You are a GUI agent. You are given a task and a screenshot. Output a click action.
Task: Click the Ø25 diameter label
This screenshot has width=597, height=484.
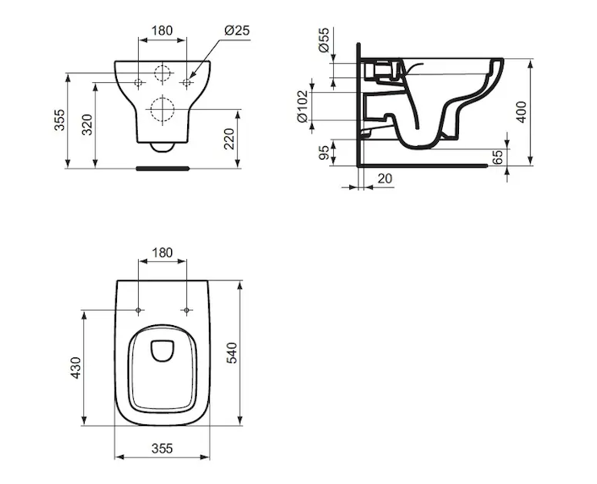[x=237, y=30]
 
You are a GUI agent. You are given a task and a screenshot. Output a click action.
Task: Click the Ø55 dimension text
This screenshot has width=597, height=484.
[x=324, y=40]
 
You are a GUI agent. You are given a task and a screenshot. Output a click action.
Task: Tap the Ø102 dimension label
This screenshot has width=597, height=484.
[x=303, y=106]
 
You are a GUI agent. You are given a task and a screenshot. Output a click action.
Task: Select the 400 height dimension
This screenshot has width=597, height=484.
[x=522, y=112]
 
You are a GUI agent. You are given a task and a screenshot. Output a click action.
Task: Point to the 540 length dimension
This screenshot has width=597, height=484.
[x=232, y=353]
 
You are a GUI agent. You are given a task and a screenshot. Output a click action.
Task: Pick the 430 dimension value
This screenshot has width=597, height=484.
[x=76, y=368]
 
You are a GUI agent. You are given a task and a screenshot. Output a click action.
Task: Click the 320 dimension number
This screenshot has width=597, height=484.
[x=88, y=124]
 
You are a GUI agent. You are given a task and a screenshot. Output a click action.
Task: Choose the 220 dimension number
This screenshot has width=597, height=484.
[x=229, y=139]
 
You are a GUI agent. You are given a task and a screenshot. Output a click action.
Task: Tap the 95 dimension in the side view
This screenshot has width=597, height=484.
[x=324, y=152]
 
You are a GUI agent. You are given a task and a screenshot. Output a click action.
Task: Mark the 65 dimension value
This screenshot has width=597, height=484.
[x=497, y=156]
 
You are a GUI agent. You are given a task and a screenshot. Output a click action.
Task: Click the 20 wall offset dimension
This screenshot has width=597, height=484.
[x=385, y=178]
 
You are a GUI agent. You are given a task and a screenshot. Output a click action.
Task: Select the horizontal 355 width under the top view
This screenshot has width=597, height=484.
[x=162, y=449]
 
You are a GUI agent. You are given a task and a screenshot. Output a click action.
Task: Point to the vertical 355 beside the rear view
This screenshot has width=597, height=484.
[x=60, y=119]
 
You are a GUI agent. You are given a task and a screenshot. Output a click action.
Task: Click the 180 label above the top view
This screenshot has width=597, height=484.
[x=162, y=252]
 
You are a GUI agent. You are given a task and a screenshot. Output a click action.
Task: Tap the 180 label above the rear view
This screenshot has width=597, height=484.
[x=162, y=30]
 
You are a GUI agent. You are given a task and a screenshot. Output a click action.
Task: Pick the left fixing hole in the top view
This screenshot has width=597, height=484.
[x=138, y=311]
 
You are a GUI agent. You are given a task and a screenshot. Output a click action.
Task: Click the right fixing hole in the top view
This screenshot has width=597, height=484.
[x=186, y=311]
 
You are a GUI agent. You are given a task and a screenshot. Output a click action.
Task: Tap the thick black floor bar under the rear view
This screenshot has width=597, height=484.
[x=163, y=168]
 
